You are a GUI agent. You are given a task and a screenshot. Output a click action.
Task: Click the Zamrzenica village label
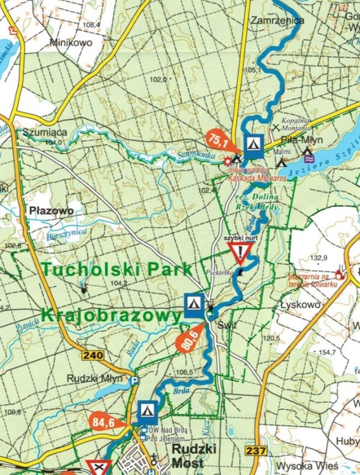pos(277,20)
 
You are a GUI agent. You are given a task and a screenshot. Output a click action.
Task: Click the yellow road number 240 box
pos(93,355)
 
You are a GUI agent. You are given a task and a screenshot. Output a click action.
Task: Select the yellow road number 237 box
pos(255,451)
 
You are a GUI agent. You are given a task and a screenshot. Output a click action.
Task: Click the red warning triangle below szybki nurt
pos(242,253)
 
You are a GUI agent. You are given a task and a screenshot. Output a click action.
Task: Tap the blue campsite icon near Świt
pos(194,305)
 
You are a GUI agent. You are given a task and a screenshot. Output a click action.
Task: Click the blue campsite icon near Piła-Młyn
pos(254,144)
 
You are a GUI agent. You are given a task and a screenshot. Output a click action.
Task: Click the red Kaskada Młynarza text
pos(262,179)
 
